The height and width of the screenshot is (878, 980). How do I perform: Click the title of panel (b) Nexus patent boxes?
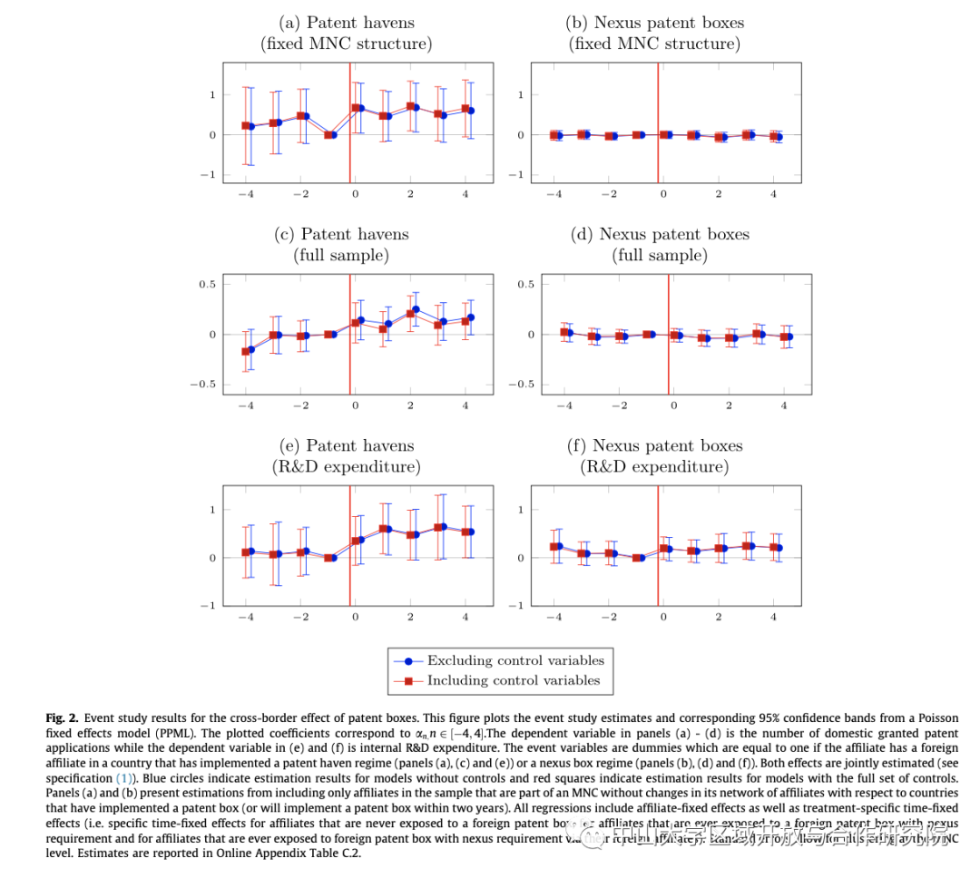[x=654, y=23]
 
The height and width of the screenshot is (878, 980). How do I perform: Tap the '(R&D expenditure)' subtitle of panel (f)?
[x=654, y=467]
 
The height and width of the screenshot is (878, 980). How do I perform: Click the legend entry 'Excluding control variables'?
[x=514, y=660]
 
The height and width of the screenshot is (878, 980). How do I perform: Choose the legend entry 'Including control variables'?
[x=514, y=680]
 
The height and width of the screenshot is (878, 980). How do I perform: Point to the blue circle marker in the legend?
[x=408, y=661]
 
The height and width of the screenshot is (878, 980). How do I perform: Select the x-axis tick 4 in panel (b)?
[x=773, y=195]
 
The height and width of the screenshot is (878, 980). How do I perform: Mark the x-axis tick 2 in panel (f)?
[x=719, y=618]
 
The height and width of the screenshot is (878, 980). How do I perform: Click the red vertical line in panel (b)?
[x=658, y=122]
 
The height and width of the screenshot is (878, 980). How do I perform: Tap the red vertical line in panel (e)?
[x=350, y=544]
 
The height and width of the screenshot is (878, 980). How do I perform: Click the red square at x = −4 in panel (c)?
[x=245, y=352]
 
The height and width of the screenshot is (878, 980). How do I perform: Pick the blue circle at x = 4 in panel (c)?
[x=470, y=317]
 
